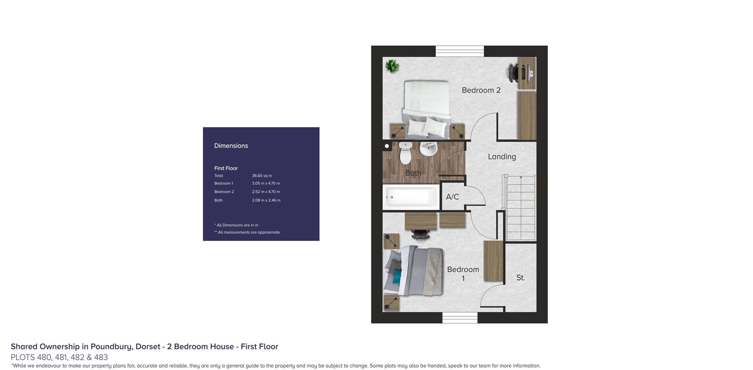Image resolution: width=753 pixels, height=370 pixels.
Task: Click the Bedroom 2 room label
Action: point(481,90)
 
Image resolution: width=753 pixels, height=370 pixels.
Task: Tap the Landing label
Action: point(502,157)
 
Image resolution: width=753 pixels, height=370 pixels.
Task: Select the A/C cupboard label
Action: point(452,197)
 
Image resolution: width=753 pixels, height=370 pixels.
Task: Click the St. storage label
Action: point(520,278)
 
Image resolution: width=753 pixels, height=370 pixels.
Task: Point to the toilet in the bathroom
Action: point(406,153)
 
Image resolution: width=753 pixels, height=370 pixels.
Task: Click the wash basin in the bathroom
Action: point(428,148)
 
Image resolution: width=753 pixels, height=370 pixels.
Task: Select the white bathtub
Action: point(411,197)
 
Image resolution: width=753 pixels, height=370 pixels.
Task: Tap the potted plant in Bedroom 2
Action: point(391,66)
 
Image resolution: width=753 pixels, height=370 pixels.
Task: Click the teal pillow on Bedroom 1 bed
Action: point(397,277)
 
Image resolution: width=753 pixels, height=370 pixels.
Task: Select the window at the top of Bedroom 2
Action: point(460,51)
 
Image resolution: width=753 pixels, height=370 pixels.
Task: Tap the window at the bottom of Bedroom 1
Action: point(460,318)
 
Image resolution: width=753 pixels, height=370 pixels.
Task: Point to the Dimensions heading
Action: point(231,146)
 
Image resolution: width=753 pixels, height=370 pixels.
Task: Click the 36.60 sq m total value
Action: point(262,176)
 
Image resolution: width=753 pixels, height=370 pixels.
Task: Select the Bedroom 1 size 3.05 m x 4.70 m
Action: point(266,183)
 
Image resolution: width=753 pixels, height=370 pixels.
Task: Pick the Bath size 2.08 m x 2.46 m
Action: point(266,200)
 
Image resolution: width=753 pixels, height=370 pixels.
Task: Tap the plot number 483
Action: point(101,357)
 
